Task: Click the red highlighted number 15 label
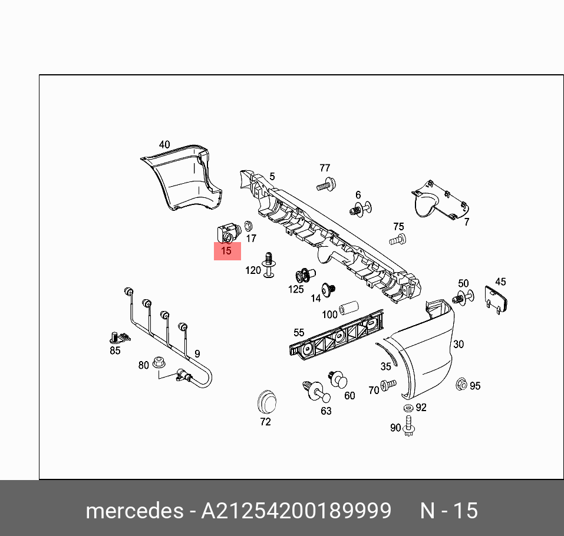coord(227,251)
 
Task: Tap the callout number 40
coord(164,144)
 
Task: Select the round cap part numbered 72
coord(267,402)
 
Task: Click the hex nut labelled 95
coord(462,385)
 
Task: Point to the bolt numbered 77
coord(325,184)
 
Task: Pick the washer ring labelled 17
coord(248,226)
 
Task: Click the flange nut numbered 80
coord(157,362)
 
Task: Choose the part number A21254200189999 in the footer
coord(296,510)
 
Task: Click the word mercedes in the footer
coord(134,510)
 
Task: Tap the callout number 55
coord(299,333)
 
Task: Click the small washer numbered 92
coord(408,408)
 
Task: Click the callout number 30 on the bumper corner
coord(458,345)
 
